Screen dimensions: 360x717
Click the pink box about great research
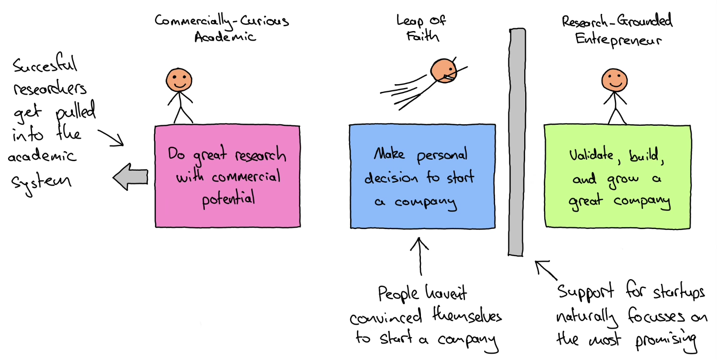pyautogui.click(x=228, y=176)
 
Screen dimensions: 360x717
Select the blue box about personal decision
pyautogui.click(x=422, y=176)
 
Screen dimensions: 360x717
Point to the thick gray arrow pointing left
pyautogui.click(x=131, y=177)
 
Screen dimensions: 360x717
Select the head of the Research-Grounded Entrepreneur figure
pyautogui.click(x=613, y=79)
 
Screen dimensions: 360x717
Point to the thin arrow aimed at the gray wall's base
pyautogui.click(x=546, y=270)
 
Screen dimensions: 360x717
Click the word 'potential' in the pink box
pyautogui.click(x=227, y=198)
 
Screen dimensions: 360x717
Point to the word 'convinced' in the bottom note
pyautogui.click(x=385, y=317)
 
